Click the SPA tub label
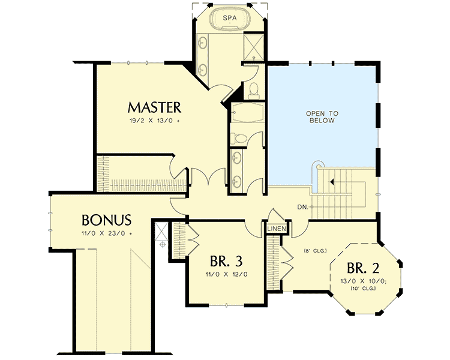229,19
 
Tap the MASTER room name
154,107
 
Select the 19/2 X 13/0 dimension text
154,120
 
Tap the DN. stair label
304,207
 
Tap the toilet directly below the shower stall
253,90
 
